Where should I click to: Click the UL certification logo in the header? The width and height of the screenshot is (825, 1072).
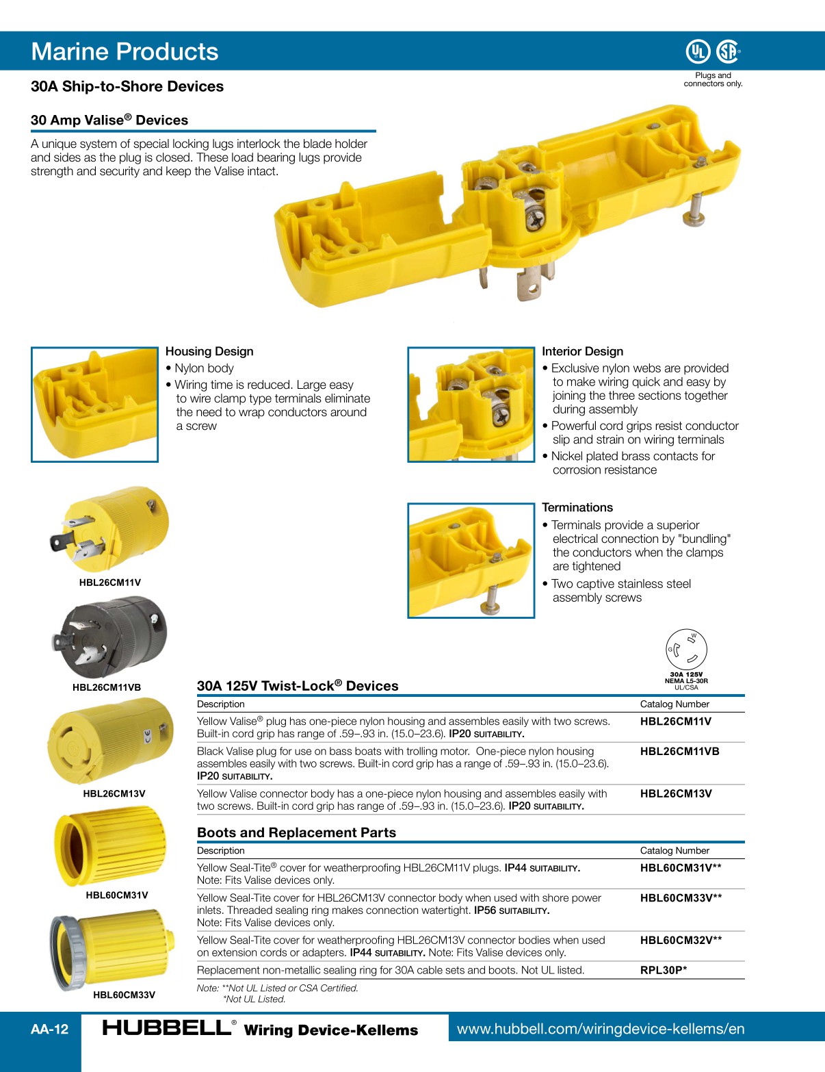click(697, 51)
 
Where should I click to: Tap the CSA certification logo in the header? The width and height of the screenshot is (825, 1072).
click(728, 51)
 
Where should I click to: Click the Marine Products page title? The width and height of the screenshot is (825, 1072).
click(125, 51)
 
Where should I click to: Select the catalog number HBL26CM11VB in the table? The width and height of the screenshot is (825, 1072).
click(679, 751)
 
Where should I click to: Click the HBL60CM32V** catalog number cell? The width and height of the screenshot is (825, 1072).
click(681, 940)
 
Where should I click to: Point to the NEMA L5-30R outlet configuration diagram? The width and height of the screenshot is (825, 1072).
click(686, 650)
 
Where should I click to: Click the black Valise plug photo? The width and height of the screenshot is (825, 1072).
click(111, 638)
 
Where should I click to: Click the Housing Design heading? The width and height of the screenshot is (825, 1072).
click(209, 351)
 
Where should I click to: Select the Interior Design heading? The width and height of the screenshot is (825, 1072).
click(582, 351)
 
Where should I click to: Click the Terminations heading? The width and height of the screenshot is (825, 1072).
click(577, 507)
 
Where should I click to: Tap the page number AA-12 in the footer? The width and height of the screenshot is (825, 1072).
click(49, 1029)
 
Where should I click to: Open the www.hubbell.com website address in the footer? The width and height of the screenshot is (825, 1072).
click(600, 1028)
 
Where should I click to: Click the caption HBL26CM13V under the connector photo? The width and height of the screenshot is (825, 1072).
click(114, 793)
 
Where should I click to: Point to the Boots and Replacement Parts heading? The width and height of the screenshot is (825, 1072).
click(296, 832)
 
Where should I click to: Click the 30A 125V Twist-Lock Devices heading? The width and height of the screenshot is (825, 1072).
click(297, 686)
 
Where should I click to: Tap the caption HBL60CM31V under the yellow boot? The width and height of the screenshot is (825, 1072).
click(116, 895)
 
